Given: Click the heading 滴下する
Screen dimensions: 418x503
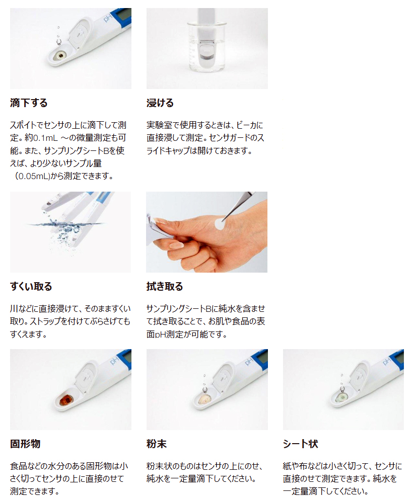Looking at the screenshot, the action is (x=29, y=103).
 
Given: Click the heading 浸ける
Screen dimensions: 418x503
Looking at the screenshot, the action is (x=160, y=103).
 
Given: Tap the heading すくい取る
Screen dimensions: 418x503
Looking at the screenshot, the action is (x=31, y=287).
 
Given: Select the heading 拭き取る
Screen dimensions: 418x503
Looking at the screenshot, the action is (x=165, y=287).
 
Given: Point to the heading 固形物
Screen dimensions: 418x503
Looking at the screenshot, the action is (x=25, y=444).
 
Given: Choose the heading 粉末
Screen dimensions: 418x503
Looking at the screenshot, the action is (x=157, y=444).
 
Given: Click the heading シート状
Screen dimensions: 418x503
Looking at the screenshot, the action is (x=301, y=444).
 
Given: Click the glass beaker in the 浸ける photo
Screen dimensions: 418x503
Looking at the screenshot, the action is (x=207, y=47).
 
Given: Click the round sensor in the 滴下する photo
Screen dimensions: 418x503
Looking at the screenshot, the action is (x=60, y=56).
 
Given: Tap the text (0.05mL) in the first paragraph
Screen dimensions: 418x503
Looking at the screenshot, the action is (x=32, y=176).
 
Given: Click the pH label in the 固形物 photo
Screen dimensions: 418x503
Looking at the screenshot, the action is (x=114, y=361).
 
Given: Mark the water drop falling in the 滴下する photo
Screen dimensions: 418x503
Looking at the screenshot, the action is (x=58, y=41).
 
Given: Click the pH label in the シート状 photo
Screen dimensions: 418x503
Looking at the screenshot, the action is (x=387, y=361).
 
